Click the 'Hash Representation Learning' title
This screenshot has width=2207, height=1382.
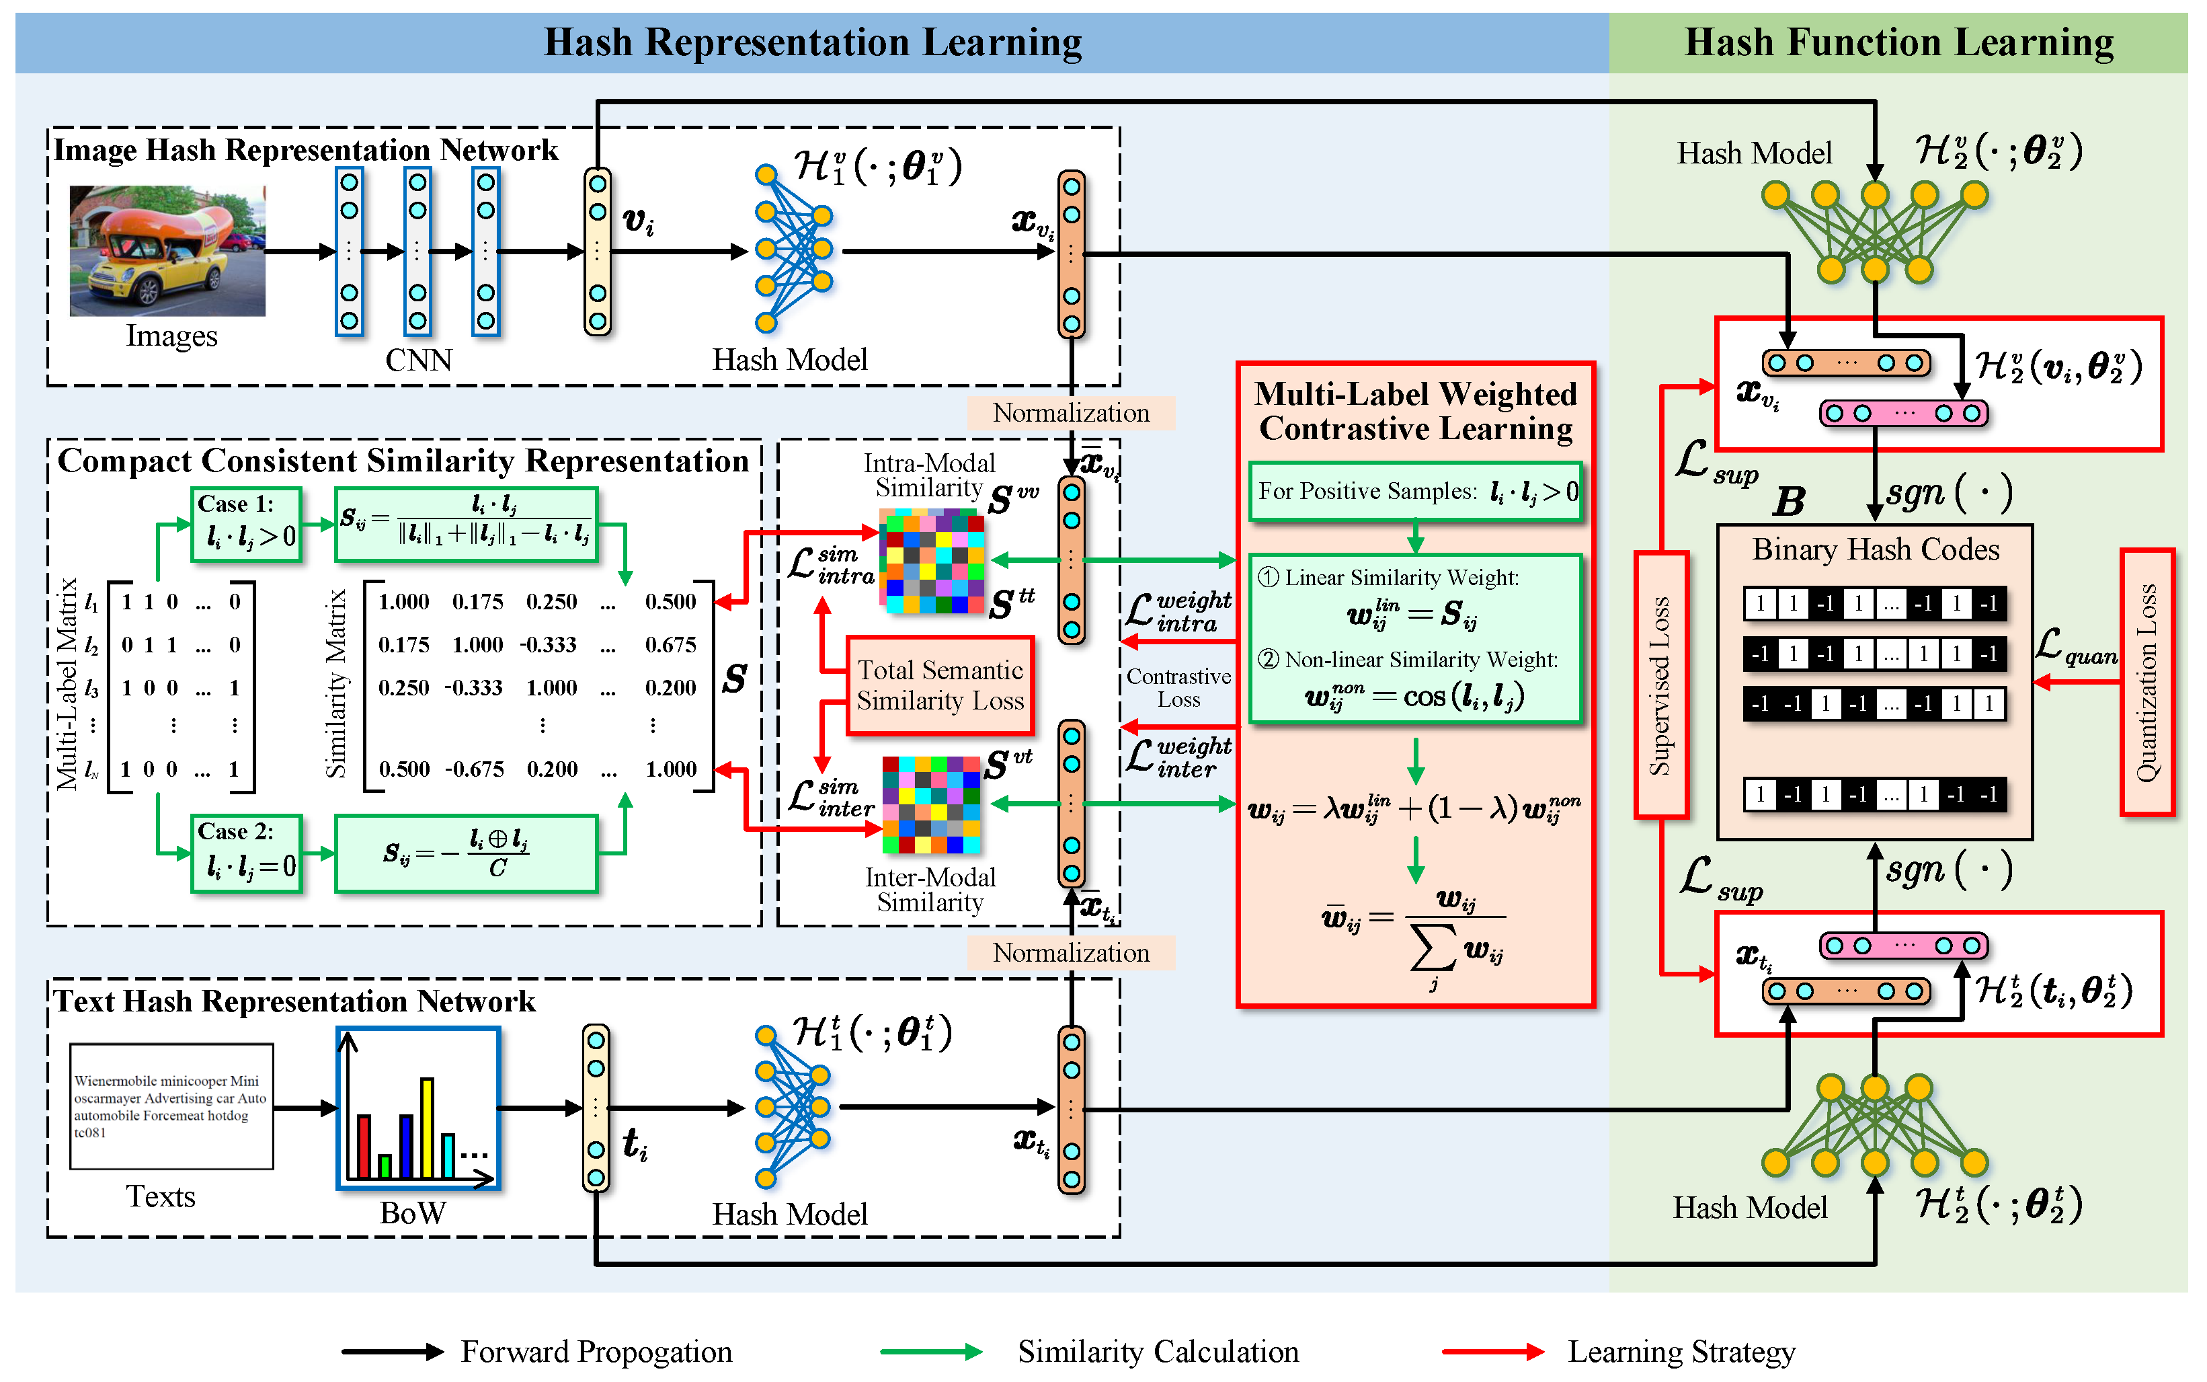point(812,42)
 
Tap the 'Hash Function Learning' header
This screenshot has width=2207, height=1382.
point(1898,42)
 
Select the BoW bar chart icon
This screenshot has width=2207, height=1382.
point(418,1108)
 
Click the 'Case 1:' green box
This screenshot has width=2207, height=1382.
point(247,524)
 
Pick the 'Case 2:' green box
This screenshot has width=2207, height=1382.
point(247,853)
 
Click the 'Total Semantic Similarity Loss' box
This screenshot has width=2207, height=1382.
point(940,685)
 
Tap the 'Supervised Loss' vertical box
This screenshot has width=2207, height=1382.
point(1660,685)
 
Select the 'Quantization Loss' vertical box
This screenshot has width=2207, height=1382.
point(2146,682)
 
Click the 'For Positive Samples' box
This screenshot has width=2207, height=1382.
point(1415,492)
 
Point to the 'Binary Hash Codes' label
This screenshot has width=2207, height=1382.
point(1876,549)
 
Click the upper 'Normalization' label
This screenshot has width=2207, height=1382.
point(1071,413)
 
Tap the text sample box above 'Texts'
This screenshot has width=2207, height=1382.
point(171,1106)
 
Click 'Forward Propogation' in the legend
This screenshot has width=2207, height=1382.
point(596,1351)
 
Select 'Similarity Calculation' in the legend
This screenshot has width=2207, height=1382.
point(1158,1351)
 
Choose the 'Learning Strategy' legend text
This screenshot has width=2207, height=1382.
point(1681,1351)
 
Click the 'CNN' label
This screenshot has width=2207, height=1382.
point(418,360)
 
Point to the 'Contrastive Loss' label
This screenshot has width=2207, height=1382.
point(1178,688)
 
